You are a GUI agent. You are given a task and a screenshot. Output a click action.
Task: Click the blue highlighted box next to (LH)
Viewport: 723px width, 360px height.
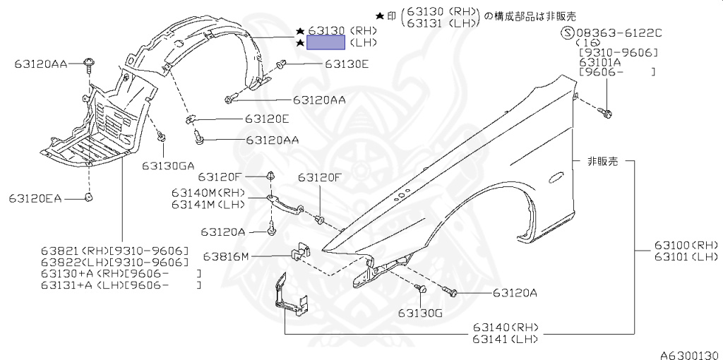[x=325, y=42]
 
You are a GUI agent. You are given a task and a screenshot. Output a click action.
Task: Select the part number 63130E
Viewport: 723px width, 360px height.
[x=347, y=64]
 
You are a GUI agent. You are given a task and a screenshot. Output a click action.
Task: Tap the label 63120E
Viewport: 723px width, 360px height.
[x=268, y=119]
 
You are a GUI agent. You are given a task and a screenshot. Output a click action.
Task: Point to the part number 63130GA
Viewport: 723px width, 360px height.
[x=167, y=166]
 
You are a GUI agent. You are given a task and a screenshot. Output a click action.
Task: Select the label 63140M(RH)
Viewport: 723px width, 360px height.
[x=208, y=193]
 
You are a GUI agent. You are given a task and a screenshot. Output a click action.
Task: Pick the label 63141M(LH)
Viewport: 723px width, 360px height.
[x=208, y=205]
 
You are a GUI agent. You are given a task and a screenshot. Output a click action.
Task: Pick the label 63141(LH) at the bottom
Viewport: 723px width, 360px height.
[x=506, y=339]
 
